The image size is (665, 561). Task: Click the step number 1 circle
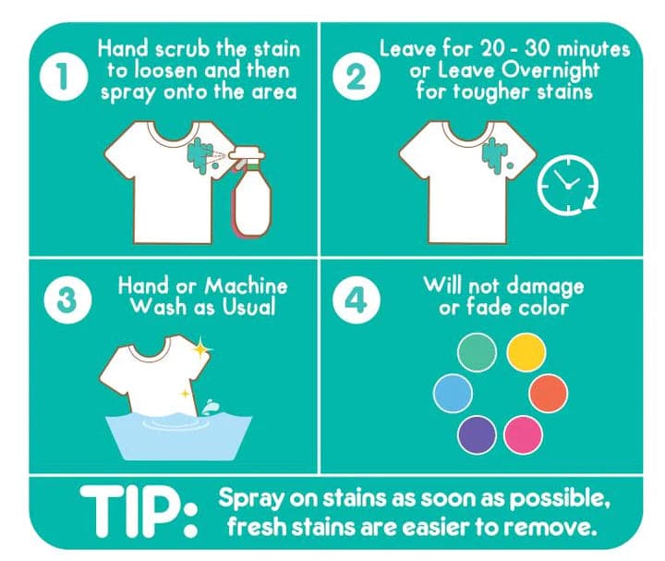tap(63, 77)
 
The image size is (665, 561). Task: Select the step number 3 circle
tap(67, 300)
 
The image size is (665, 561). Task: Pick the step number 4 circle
tap(357, 300)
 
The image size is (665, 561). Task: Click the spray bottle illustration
tap(251, 192)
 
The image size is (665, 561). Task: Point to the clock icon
tap(568, 184)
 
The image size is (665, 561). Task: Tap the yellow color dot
tap(526, 353)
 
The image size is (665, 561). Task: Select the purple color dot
tap(478, 435)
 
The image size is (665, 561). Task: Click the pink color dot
tap(523, 435)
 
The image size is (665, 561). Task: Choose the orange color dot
tap(548, 393)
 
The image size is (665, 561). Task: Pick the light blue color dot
tap(453, 393)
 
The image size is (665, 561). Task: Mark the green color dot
tap(478, 353)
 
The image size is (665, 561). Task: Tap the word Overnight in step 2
tap(547, 71)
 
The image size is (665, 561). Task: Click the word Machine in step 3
tap(246, 286)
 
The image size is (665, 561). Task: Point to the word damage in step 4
tap(546, 287)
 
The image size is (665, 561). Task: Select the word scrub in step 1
tap(183, 49)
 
